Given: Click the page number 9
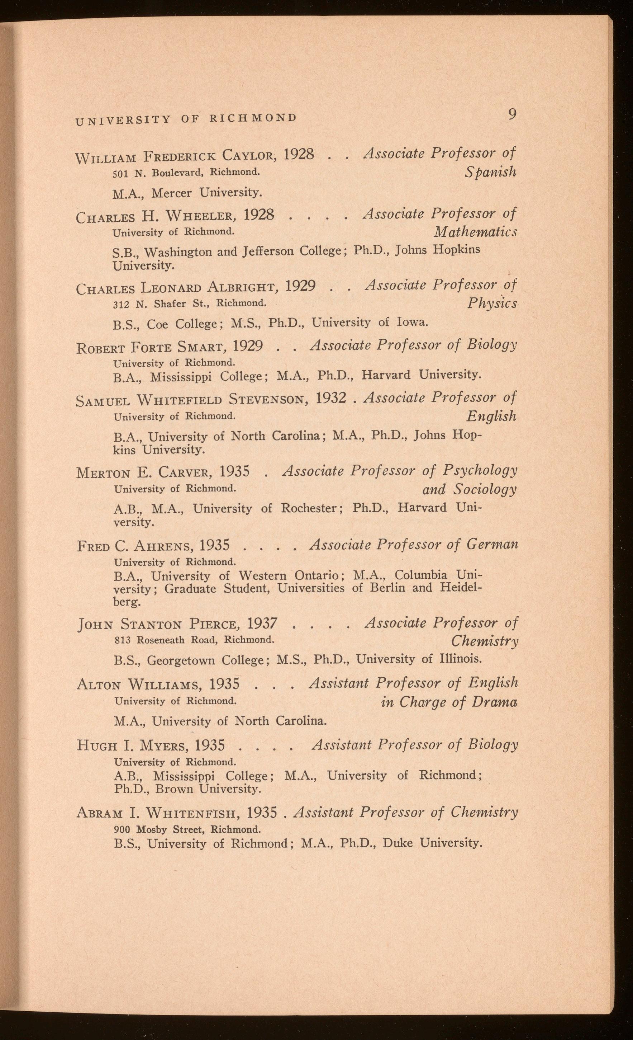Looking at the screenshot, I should pyautogui.click(x=512, y=114).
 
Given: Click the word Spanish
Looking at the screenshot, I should pyautogui.click(x=490, y=172).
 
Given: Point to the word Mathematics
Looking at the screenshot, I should pyautogui.click(x=475, y=232).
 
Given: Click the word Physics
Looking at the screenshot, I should pyautogui.click(x=492, y=303).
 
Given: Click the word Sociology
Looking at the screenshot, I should pyautogui.click(x=485, y=490).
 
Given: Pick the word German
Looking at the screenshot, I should pyautogui.click(x=492, y=545).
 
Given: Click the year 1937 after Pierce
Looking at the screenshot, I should pyautogui.click(x=262, y=623).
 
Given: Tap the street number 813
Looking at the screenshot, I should pyautogui.click(x=123, y=640).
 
